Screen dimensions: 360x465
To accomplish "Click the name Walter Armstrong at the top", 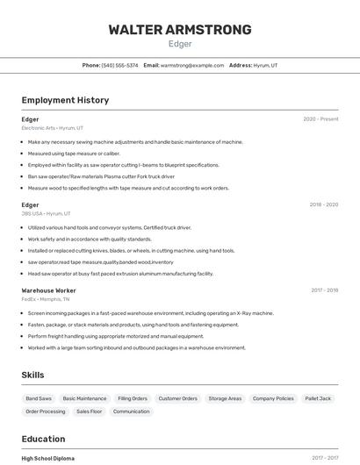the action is pyautogui.click(x=179, y=30).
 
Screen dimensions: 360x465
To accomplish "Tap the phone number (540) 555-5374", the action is pyautogui.click(x=120, y=65).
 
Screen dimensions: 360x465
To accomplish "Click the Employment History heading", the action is pyautogui.click(x=65, y=100).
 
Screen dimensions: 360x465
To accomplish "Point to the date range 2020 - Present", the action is pyautogui.click(x=320, y=119).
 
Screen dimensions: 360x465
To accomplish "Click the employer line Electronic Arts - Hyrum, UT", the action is pyautogui.click(x=52, y=128).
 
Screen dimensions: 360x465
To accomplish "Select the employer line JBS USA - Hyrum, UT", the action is pyautogui.click(x=46, y=213).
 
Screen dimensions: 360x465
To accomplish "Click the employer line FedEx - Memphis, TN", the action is pyautogui.click(x=46, y=298).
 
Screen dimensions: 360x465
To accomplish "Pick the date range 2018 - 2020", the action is pyautogui.click(x=323, y=204).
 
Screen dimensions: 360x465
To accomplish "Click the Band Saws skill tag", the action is pyautogui.click(x=39, y=398).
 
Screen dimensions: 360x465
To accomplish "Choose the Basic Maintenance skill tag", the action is pyautogui.click(x=84, y=398).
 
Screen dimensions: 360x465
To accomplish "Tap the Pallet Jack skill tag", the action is pyautogui.click(x=318, y=398).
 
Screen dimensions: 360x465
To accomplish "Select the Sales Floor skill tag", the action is pyautogui.click(x=89, y=411).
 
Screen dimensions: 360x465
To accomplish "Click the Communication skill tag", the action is pyautogui.click(x=131, y=411).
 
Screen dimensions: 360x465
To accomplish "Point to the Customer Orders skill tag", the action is pyautogui.click(x=177, y=398).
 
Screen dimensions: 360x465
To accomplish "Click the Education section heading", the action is pyautogui.click(x=43, y=439).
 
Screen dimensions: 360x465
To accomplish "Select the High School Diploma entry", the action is pyautogui.click(x=47, y=458).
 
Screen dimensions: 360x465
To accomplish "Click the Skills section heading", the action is pyautogui.click(x=32, y=375).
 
